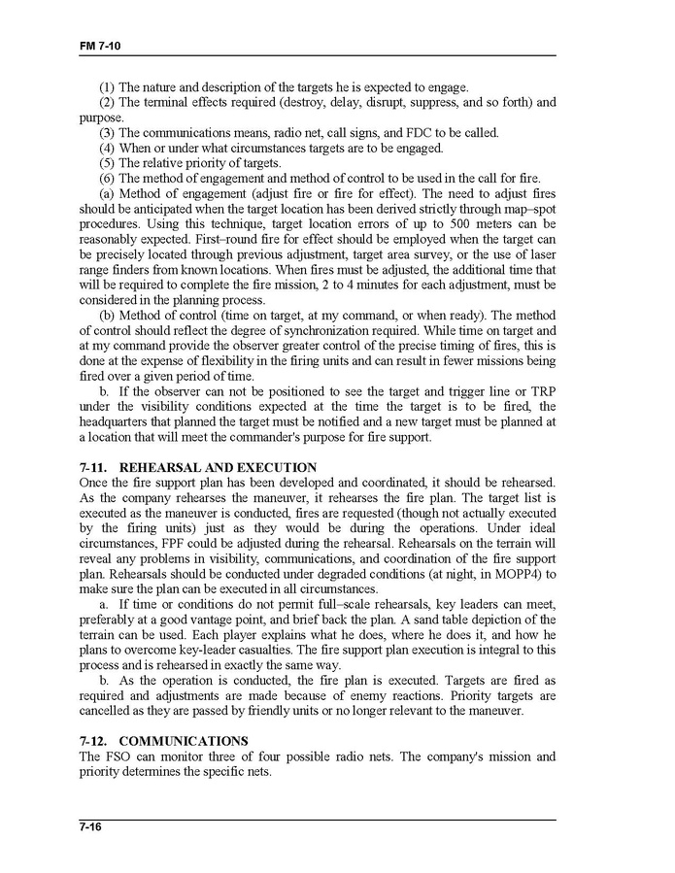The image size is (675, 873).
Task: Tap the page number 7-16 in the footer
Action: (x=92, y=827)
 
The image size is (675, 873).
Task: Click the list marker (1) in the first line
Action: (x=108, y=88)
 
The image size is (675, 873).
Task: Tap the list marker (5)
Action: (x=108, y=163)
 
